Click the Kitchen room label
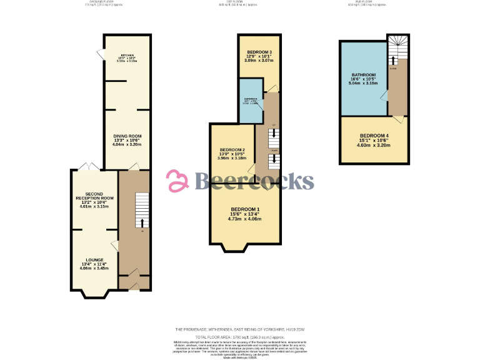click(x=127, y=55)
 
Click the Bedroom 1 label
click(x=244, y=209)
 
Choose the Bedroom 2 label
click(x=232, y=150)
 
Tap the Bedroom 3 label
click(x=259, y=51)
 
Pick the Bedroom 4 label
click(x=374, y=136)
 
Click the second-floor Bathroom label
click(x=362, y=75)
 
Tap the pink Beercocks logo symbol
click(x=178, y=181)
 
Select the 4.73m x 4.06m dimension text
click(x=244, y=219)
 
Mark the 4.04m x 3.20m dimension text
click(x=127, y=144)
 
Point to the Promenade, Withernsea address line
click(x=240, y=329)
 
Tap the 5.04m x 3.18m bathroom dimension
click(x=362, y=82)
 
